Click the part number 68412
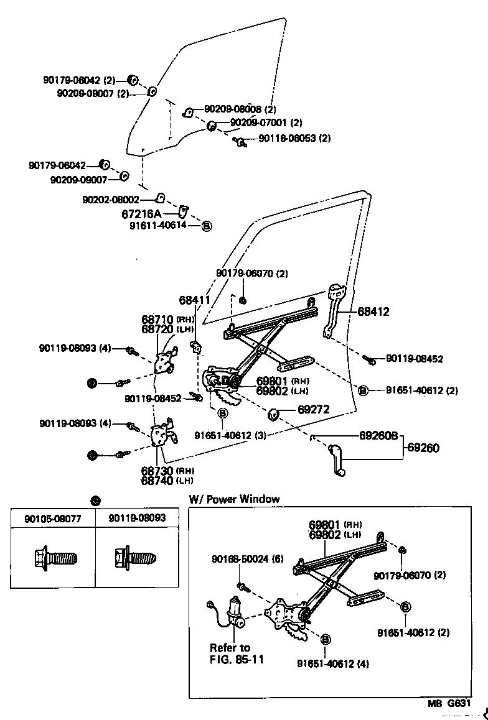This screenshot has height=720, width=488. click(373, 312)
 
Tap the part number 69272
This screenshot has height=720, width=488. click(313, 409)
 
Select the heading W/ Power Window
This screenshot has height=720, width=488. click(234, 499)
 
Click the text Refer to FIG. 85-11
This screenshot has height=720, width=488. click(237, 653)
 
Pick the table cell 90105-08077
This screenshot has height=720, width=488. click(53, 518)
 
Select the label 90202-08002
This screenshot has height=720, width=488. click(110, 200)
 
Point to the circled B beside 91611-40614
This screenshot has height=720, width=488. click(207, 226)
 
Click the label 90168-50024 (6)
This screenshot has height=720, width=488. click(245, 559)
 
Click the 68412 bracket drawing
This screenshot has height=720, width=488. click(333, 310)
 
